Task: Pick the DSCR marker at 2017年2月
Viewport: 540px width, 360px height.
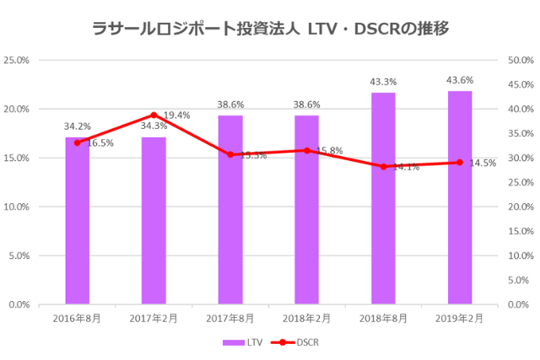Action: (x=154, y=115)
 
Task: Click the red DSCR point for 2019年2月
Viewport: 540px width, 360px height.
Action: (x=460, y=162)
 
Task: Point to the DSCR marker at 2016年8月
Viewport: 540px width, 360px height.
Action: (x=77, y=142)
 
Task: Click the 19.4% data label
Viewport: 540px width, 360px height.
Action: (x=176, y=115)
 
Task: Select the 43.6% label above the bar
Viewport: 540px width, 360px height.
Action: (x=460, y=80)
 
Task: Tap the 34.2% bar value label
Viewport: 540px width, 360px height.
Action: (x=78, y=126)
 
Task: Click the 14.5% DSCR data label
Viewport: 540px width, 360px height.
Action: (x=483, y=163)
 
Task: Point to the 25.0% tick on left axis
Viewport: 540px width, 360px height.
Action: (x=17, y=61)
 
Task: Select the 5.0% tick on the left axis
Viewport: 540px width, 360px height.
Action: (x=19, y=255)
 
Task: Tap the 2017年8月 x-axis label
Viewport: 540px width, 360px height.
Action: (x=229, y=319)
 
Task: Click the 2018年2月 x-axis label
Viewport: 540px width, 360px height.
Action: (x=306, y=319)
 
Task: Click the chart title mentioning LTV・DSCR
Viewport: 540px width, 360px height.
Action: (x=270, y=27)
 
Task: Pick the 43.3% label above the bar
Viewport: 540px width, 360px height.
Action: (x=383, y=82)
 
